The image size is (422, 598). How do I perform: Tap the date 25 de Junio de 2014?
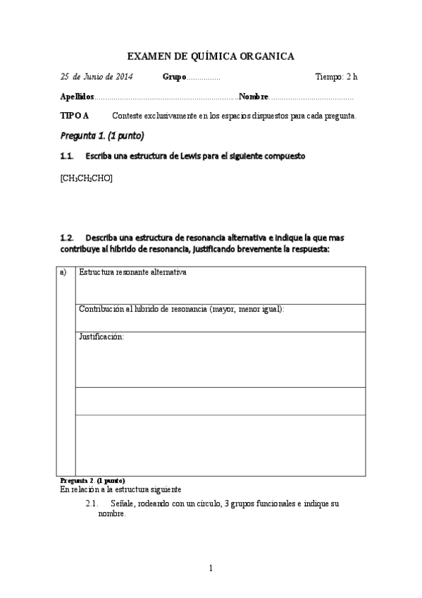(97, 76)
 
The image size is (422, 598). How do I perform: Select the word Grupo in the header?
(174, 77)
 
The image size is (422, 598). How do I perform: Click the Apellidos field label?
(76, 97)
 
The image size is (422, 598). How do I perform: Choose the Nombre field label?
(254, 97)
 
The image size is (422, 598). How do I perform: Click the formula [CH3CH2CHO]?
(87, 178)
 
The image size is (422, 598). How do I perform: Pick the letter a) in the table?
(64, 272)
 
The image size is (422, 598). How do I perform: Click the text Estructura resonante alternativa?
(132, 272)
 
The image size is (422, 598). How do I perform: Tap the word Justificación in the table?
(101, 337)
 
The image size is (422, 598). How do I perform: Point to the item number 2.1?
(91, 504)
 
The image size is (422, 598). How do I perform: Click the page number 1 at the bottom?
(211, 568)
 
